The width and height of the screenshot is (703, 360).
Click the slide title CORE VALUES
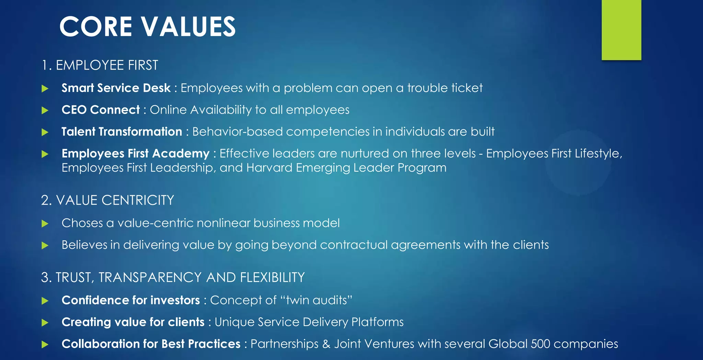coord(148,26)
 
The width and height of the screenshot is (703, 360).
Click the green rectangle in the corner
coord(621,30)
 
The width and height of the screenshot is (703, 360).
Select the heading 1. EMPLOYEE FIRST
coord(100,65)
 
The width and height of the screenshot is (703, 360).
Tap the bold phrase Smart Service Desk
coord(116,88)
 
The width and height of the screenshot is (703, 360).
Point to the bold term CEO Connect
coord(101,110)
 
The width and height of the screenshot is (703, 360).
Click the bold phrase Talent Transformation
coord(122,132)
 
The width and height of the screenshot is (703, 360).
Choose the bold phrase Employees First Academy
coord(136,153)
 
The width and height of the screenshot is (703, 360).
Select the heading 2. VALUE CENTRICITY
coord(107,200)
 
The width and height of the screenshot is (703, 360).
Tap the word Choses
coord(82,223)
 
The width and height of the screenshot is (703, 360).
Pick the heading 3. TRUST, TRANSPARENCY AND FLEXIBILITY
coord(173,277)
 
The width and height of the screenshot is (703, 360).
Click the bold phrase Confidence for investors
coord(131,300)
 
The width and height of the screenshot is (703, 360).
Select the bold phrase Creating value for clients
coord(133,322)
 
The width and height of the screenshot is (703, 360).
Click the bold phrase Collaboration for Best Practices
coord(151,344)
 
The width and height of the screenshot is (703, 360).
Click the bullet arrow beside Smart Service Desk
coord(45,89)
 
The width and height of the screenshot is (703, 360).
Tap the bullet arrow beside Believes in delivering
coord(45,245)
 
